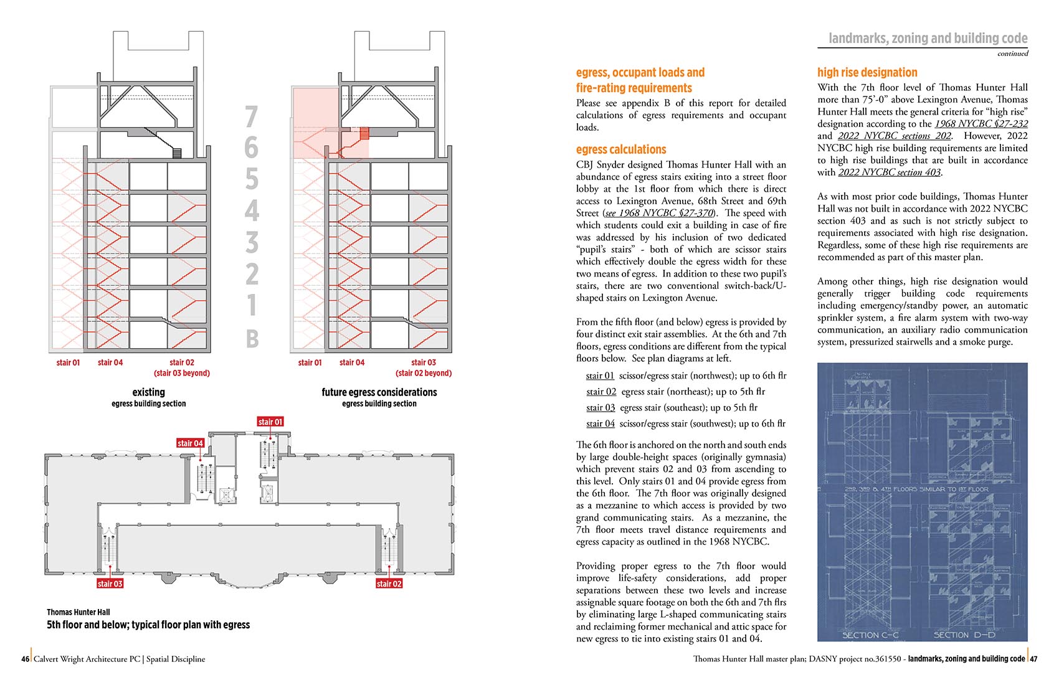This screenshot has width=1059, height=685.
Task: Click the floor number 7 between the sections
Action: point(251,116)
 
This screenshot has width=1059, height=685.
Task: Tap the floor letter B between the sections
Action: point(252,339)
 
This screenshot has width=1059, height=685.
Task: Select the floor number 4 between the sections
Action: point(251,210)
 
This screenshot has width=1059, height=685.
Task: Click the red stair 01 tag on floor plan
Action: point(270,422)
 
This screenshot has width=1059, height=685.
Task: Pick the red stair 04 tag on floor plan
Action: point(190,443)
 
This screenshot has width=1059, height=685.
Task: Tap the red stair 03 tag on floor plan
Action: point(110,583)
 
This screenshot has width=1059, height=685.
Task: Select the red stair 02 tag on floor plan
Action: point(389,583)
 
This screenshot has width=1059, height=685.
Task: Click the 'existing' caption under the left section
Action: point(148,392)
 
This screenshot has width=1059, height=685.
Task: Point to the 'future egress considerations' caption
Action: point(379,392)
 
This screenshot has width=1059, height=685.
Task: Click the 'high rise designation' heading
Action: point(867,72)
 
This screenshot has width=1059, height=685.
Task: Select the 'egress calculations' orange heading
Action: point(620,149)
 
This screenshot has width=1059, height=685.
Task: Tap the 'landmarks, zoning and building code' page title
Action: point(928,39)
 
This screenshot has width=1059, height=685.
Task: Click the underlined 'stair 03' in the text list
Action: point(600,407)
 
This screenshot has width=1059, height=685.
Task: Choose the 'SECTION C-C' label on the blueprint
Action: point(870,635)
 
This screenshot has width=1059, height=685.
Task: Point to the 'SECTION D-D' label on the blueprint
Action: point(964,635)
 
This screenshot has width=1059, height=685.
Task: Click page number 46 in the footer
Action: point(25,659)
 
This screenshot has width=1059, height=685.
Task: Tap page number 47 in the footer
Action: point(1033,659)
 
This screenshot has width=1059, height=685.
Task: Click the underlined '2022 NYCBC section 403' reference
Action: point(889,172)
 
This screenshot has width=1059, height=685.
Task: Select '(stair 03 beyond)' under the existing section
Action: point(182,373)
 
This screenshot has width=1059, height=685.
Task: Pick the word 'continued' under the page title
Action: point(1012,54)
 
